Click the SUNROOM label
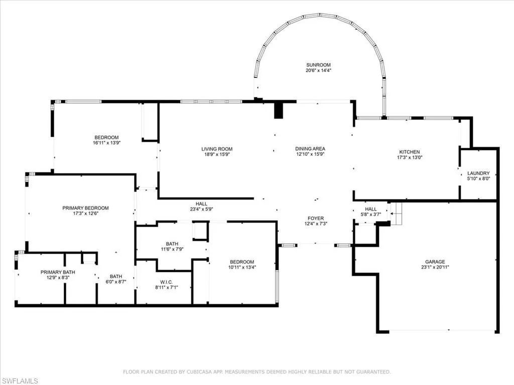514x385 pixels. pyautogui.click(x=318, y=65)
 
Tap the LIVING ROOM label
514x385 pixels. pyautogui.click(x=217, y=149)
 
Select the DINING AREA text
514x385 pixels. pyautogui.click(x=310, y=149)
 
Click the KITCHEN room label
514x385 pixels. pyautogui.click(x=409, y=152)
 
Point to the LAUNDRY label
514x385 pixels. pyautogui.click(x=478, y=173)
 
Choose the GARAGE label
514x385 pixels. pyautogui.click(x=435, y=262)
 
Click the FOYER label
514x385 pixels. pyautogui.click(x=315, y=218)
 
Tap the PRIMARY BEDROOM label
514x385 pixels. pyautogui.click(x=85, y=208)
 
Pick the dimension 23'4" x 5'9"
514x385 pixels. pyautogui.click(x=202, y=210)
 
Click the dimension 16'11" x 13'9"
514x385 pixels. pyautogui.click(x=106, y=143)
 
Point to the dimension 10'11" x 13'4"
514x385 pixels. pyautogui.click(x=242, y=268)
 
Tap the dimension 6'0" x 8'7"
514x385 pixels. pyautogui.click(x=116, y=282)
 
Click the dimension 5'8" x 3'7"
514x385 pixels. pyautogui.click(x=370, y=215)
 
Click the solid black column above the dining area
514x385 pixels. pyautogui.click(x=279, y=111)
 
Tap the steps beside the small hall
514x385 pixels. pyautogui.click(x=396, y=214)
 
